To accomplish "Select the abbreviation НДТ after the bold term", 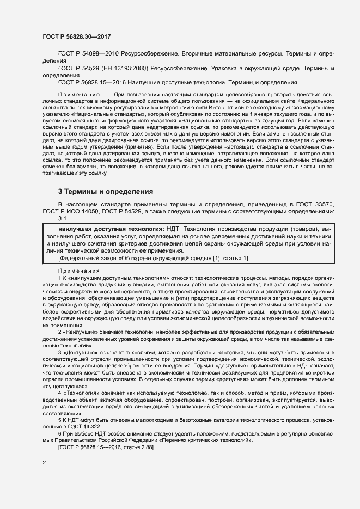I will pyautogui.click(x=174, y=229).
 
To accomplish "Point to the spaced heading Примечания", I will pyautogui.click(x=78, y=271).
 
